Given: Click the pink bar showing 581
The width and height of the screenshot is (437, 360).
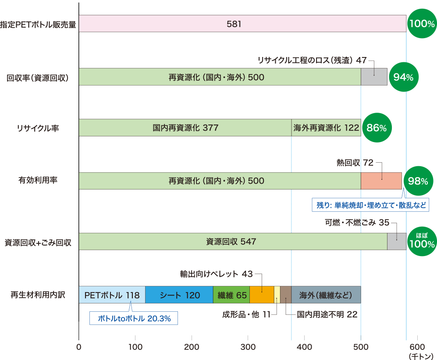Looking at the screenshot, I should pos(242,24).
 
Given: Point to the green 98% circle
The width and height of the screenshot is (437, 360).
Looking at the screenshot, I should pos(418,181).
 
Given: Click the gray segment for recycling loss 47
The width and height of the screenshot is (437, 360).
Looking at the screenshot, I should pos(374,77).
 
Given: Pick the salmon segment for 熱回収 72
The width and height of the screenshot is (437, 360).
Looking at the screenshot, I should pos(381,181).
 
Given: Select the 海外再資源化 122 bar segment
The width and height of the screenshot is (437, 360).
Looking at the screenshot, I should pos(326,128).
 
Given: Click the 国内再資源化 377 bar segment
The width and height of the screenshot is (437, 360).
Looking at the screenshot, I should pos(185,128).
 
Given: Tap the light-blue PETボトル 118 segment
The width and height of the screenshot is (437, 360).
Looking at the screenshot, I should pos(112,295).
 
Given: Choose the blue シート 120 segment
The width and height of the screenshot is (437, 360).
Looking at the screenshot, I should pos(179,295).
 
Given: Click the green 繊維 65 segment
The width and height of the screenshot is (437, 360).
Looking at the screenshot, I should pos(231,295).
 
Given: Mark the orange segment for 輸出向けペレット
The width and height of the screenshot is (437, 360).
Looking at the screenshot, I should pos(262,295).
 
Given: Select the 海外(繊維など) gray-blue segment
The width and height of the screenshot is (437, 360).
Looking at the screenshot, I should pos(326,295).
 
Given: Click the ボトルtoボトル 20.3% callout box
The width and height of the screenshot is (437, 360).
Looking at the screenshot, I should pos(134,318).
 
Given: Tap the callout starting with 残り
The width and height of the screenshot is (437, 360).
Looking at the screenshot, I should pos(371,205).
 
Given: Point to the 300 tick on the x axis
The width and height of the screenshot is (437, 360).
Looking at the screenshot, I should pos(248,347).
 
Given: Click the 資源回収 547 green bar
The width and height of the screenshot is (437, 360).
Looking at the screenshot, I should pos(233,242).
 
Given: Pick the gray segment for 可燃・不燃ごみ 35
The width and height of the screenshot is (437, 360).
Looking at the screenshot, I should pos(396,242).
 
